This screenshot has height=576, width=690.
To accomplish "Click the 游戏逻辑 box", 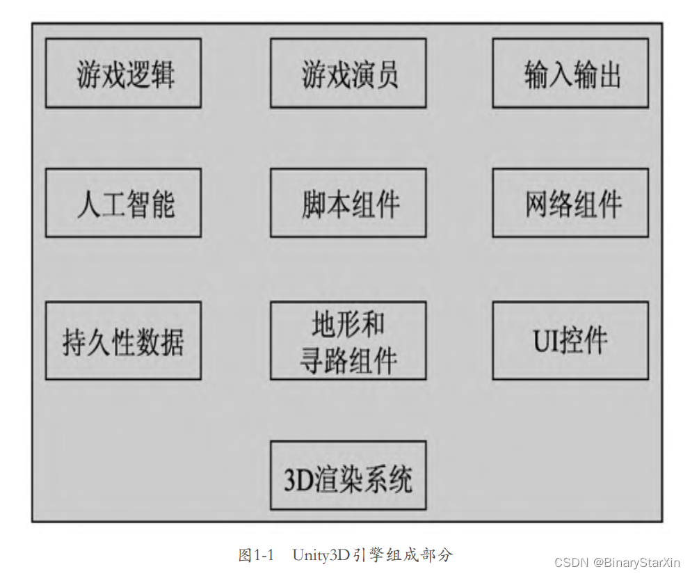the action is [123, 73].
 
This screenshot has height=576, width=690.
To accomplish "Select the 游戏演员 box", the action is [348, 73].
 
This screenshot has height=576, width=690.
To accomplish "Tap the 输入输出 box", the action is [570, 73].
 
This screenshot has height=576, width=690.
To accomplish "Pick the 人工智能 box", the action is [123, 202].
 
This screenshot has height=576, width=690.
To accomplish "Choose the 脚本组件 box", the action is [348, 202].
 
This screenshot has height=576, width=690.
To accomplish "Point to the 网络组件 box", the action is [570, 202].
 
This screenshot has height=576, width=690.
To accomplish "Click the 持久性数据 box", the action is [123, 340].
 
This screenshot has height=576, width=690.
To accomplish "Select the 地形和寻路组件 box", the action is [348, 340].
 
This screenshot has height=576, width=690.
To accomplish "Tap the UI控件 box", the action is [570, 340].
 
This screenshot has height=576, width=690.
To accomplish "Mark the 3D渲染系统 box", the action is [348, 475].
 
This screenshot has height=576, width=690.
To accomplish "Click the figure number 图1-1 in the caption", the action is [257, 555].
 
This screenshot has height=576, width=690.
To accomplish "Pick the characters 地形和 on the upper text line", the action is [348, 324].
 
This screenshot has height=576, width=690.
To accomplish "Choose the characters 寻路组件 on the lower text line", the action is [348, 360].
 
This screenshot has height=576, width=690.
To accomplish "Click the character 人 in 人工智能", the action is [88, 204].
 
